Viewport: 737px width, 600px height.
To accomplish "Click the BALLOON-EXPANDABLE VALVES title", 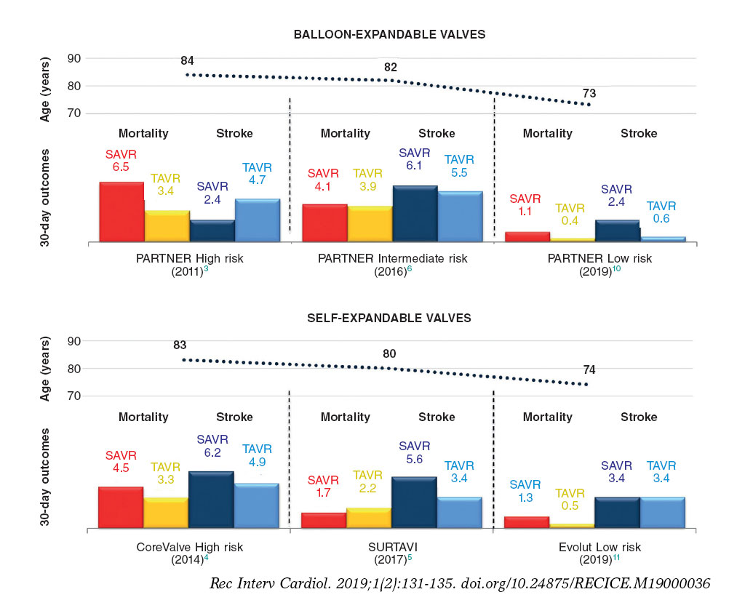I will coord(389,34).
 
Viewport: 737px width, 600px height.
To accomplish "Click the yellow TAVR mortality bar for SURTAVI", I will coord(369,518).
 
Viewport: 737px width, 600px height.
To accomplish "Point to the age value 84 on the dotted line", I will coord(188,60).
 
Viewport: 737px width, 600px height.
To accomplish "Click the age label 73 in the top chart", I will coord(590,93).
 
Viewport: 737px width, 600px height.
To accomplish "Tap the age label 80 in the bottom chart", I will coord(390,354).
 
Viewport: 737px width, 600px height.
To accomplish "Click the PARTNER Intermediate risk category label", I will coord(393,258).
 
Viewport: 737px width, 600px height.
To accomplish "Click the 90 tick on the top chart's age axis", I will coord(73,58).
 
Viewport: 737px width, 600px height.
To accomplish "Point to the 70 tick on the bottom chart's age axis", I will coord(73,396).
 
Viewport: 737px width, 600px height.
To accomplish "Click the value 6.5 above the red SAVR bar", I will coord(121,167).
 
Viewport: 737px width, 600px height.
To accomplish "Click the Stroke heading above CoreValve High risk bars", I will coord(234,417).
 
